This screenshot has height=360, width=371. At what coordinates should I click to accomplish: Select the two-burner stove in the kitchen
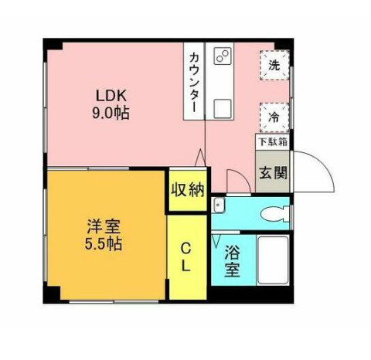tap(223, 56)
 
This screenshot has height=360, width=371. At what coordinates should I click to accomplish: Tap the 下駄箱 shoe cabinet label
tap(273, 141)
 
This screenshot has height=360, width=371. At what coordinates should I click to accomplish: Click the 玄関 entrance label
tap(273, 172)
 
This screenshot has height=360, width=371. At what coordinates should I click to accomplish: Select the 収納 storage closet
tap(188, 188)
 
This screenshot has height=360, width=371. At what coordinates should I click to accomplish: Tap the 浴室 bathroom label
tap(231, 261)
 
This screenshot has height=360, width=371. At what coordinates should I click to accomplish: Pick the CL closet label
tap(187, 257)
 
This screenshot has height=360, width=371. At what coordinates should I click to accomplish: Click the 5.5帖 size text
tap(103, 244)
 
